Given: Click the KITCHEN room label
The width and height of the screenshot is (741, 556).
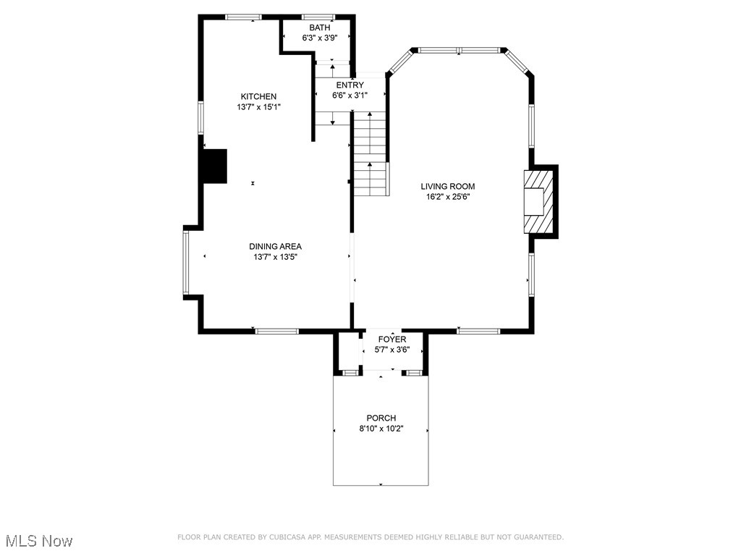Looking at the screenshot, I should point(258,96).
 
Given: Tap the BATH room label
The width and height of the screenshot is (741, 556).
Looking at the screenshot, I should point(319,28).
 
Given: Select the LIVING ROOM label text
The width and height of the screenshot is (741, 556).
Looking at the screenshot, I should point(448,186).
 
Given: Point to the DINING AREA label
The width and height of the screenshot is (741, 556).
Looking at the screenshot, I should point(275,246).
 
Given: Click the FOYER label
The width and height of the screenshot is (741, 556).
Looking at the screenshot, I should point(392,339).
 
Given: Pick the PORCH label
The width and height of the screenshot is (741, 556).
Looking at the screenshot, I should point(381,418).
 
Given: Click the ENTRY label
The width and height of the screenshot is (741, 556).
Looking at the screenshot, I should point(350,85).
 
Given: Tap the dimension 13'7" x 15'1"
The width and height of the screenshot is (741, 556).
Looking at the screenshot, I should point(258,106).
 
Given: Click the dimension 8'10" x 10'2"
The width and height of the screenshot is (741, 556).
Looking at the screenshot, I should point(381,428).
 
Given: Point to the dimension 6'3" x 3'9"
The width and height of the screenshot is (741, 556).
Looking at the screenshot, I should point(319,38).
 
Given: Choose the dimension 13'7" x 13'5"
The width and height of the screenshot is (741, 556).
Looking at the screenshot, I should point(275,256).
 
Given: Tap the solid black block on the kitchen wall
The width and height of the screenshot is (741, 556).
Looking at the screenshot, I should point(215,166).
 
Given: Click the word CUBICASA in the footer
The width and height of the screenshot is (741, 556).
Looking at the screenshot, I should point(289,537).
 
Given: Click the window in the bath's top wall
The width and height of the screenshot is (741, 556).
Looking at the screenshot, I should point(318,17).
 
